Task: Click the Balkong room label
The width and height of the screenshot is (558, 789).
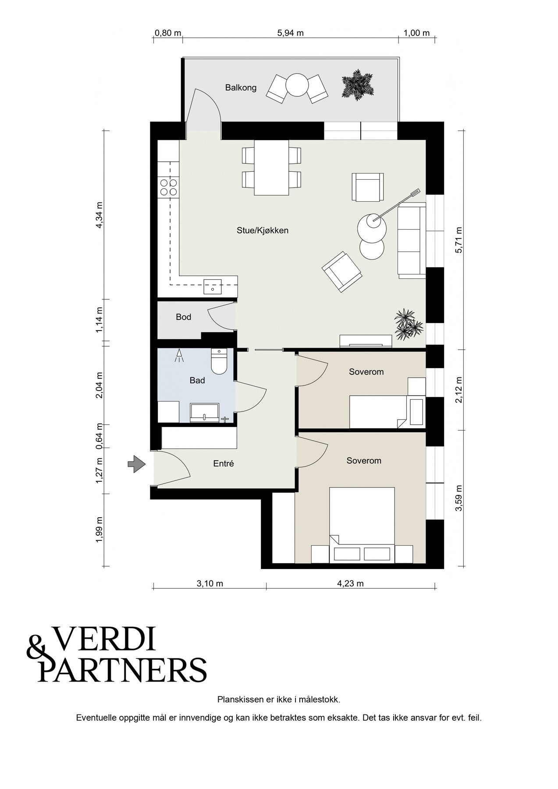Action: [x=241, y=88]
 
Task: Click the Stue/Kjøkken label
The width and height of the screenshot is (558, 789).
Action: [x=263, y=230]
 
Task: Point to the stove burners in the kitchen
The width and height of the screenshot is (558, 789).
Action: [x=169, y=187]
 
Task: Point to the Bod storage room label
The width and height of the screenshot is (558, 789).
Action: [x=184, y=316]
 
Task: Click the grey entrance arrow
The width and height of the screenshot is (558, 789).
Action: [x=136, y=463]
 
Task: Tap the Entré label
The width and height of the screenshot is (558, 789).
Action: [x=224, y=463]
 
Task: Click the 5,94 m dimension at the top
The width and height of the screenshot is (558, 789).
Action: [x=291, y=33]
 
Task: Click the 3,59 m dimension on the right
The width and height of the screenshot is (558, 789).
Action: [x=459, y=498]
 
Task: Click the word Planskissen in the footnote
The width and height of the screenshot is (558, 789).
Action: [x=240, y=700]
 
